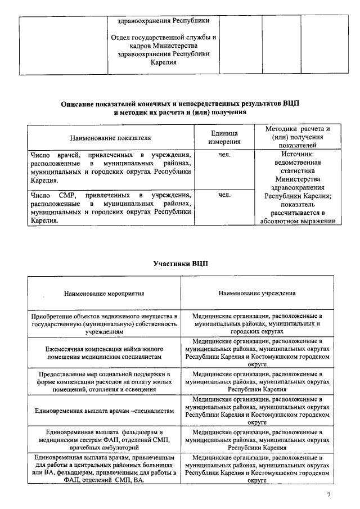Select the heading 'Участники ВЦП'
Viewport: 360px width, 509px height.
point(180,264)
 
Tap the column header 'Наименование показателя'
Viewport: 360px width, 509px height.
point(110,137)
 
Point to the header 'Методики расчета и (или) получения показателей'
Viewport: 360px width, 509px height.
point(297,137)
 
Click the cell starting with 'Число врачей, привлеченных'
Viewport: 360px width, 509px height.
point(110,168)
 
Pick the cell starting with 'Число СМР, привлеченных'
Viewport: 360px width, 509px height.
point(110,208)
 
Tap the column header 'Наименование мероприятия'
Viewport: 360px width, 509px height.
point(104,293)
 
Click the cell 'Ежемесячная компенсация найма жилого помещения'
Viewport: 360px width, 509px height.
point(104,353)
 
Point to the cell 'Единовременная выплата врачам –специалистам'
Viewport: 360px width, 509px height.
point(104,411)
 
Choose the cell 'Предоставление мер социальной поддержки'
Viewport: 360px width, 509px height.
point(104,381)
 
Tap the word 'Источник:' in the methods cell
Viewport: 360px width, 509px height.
point(297,154)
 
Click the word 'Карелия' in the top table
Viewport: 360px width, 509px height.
point(164,62)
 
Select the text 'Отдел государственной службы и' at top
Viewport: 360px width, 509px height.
point(164,38)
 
